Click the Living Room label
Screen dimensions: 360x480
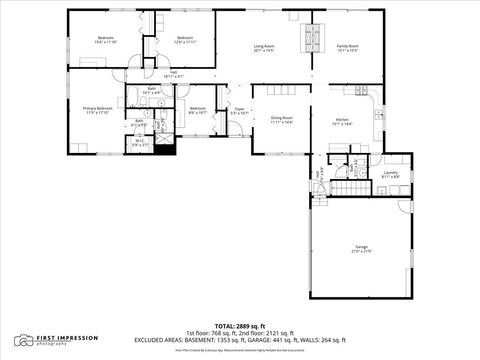click(x=264, y=46)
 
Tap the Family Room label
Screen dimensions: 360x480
click(x=348, y=46)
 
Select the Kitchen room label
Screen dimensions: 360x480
click(x=342, y=119)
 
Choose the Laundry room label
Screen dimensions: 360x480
click(x=390, y=172)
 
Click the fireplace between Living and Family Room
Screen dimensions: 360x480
click(x=311, y=39)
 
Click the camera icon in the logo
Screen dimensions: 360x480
click(x=23, y=341)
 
